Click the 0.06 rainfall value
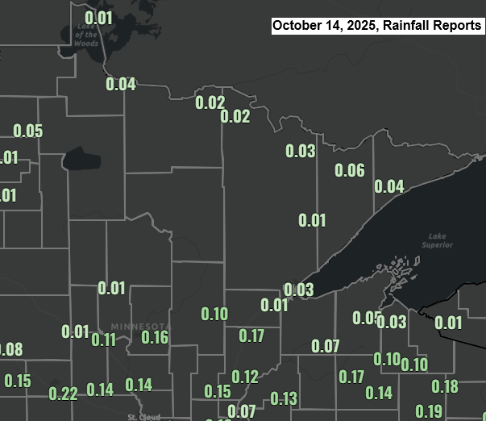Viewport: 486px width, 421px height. pyautogui.click(x=350, y=170)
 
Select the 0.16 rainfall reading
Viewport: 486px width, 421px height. pyautogui.click(x=155, y=337)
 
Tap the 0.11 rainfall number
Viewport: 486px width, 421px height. pyautogui.click(x=104, y=340)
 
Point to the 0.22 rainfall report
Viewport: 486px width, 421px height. pyautogui.click(x=63, y=394)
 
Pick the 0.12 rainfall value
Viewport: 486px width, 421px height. pyautogui.click(x=245, y=377)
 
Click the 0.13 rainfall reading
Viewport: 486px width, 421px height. pyautogui.click(x=284, y=398)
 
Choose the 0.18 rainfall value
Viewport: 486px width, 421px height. pyautogui.click(x=445, y=386)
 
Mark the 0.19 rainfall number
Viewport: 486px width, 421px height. pyautogui.click(x=429, y=411)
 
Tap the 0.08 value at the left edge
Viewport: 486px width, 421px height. pyautogui.click(x=11, y=350)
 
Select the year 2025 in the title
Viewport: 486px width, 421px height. pyautogui.click(x=367, y=26)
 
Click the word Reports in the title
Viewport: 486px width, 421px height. pyautogui.click(x=455, y=26)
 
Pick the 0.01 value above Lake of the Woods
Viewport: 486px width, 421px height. pyautogui.click(x=98, y=18)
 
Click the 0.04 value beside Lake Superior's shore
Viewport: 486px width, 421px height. pyautogui.click(x=389, y=186)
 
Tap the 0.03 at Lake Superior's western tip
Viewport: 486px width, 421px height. pyautogui.click(x=299, y=290)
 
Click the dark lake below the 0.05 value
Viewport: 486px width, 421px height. pyautogui.click(x=80, y=158)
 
